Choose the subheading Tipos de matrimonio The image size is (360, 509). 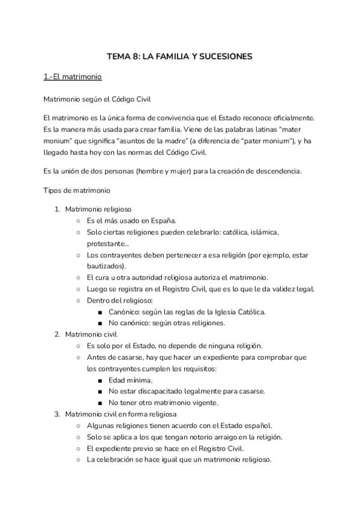pyautogui.click(x=76, y=190)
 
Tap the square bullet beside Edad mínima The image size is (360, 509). pyautogui.click(x=100, y=380)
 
